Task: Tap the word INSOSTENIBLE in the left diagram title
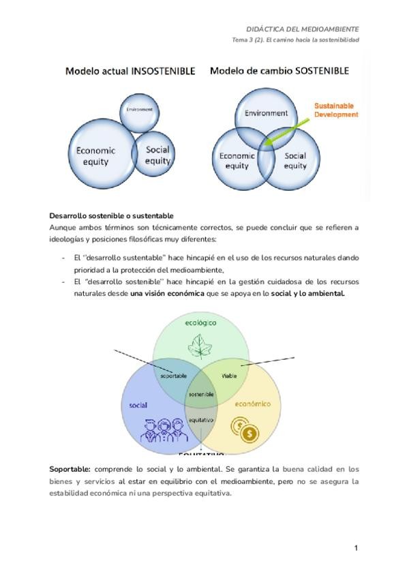click(163, 71)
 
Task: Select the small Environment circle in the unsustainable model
click(138, 109)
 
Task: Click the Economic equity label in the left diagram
click(95, 156)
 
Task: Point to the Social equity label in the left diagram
click(157, 155)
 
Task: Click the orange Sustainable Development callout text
click(335, 110)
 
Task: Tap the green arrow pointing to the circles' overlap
click(286, 130)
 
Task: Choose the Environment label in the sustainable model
click(266, 113)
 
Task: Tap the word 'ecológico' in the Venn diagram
click(200, 322)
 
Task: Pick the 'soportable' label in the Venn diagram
click(174, 376)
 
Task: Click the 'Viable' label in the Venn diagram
click(229, 376)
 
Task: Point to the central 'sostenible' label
click(201, 395)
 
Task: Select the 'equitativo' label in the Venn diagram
click(201, 420)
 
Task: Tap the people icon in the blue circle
click(155, 431)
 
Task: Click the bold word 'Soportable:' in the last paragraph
click(70, 470)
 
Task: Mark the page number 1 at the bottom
click(356, 548)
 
